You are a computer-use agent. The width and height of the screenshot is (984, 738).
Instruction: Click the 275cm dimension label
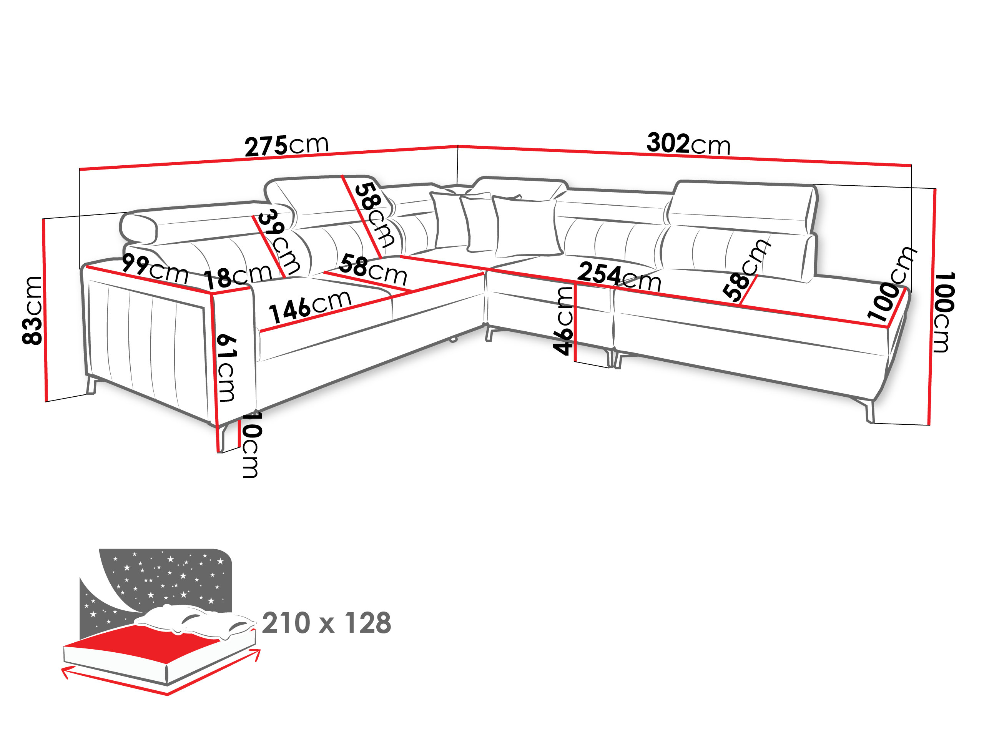[x=286, y=145]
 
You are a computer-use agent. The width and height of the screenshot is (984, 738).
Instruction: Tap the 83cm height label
[x=32, y=310]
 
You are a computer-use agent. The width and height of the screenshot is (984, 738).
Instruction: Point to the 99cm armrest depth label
[x=155, y=269]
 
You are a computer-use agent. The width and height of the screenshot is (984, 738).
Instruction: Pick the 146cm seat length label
[x=310, y=306]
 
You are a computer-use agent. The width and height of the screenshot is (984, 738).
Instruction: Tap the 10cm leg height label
[x=251, y=444]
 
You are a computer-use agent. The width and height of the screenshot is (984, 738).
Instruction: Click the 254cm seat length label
[x=619, y=276]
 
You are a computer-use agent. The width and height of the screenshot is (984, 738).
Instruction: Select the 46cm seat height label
[x=562, y=321]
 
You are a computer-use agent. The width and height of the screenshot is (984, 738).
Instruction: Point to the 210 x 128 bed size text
[x=326, y=623]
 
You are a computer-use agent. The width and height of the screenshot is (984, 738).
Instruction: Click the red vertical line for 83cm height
[x=45, y=310]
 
